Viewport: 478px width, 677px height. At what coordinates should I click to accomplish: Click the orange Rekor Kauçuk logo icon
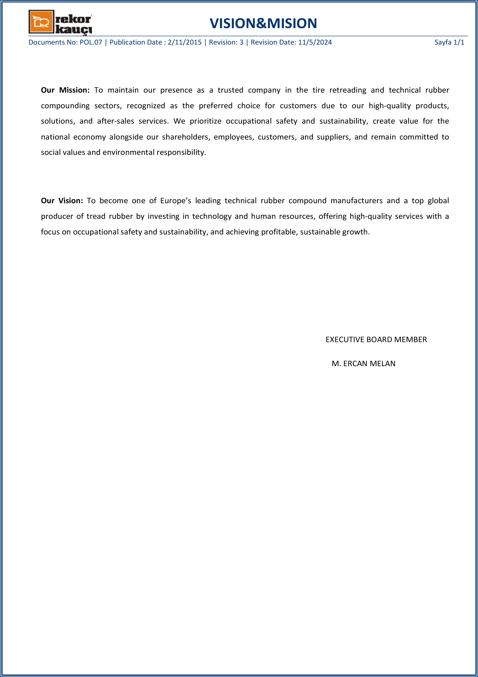[x=42, y=22]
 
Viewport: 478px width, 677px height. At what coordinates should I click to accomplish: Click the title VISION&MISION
[x=263, y=23]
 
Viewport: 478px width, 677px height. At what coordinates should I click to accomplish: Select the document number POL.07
[x=91, y=43]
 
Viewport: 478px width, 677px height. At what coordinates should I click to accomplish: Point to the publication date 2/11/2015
[x=185, y=43]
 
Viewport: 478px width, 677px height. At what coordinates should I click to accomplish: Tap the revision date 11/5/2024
[x=315, y=43]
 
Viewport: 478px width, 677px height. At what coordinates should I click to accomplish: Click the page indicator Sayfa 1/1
[x=449, y=43]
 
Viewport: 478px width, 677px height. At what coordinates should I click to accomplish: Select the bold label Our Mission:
[x=65, y=90]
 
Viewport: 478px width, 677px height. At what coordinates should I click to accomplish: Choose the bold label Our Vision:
[x=62, y=201]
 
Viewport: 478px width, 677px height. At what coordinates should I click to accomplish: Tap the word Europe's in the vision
[x=176, y=201]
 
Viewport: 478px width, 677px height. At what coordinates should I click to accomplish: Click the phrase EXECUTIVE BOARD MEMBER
[x=376, y=340]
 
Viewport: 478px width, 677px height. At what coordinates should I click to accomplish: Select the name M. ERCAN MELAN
[x=363, y=364]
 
